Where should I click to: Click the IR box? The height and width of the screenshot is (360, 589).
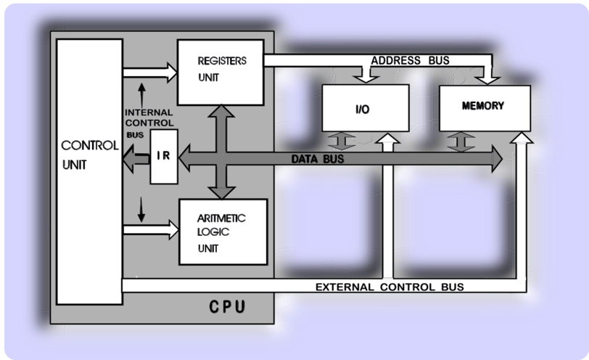164,157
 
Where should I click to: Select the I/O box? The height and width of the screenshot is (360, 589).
366,108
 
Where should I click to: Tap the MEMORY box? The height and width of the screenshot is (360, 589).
485,108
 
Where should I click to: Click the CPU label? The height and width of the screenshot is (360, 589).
227,307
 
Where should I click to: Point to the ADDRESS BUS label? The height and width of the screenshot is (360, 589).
411,60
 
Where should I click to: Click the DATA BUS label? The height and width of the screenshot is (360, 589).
318,159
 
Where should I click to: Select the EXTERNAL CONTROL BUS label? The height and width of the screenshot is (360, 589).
390,287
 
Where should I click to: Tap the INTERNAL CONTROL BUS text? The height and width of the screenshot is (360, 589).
149,123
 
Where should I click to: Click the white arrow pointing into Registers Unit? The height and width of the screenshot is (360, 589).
150,73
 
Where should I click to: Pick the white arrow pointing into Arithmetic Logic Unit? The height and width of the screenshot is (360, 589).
151,229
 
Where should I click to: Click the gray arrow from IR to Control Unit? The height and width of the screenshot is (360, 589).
136,159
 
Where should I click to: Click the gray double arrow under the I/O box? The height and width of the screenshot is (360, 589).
341,142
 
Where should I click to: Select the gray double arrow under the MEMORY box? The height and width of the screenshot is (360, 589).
461,142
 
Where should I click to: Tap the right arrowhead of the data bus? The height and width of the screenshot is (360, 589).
498,159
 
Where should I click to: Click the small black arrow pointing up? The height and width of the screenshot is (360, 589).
141,95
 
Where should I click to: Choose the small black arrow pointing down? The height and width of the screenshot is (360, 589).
141,209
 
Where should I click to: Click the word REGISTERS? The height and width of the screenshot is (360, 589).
222,61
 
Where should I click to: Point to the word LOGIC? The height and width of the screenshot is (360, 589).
213,232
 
